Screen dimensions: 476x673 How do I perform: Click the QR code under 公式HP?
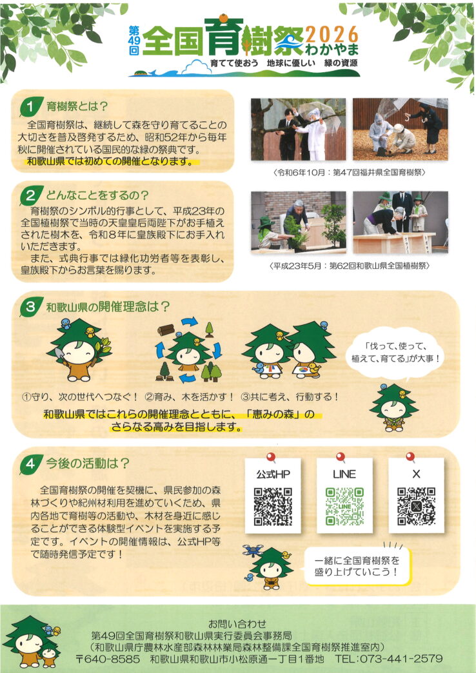pos(273,507)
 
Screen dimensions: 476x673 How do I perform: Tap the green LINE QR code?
pos(344,507)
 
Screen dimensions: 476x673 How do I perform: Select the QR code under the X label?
pos(416,507)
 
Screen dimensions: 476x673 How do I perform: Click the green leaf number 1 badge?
pos(30,107)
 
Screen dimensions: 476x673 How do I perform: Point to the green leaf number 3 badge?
pos(30,307)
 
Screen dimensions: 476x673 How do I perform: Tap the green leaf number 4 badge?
pos(30,464)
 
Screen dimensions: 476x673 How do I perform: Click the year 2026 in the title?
pos(332,34)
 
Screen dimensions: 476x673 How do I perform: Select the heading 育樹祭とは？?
pos(77,106)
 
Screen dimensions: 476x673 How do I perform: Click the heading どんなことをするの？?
pos(97,195)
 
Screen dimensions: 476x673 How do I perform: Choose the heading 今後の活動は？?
pos(88,463)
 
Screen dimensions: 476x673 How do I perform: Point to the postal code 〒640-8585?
pos(108,659)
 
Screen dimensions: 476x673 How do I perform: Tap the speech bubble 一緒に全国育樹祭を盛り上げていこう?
pos(357,566)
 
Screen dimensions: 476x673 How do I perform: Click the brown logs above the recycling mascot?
pos(166,329)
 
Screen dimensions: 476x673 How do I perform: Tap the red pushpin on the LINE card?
pos(341,456)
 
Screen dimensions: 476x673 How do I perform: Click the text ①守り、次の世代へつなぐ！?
pos(81,396)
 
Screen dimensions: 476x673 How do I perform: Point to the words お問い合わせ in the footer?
pos(237,623)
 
